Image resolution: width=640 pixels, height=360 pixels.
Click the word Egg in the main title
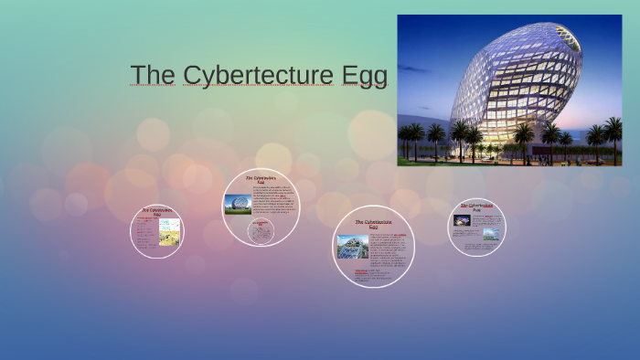click(365, 77)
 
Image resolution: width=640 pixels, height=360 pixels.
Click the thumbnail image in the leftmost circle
click(169, 232)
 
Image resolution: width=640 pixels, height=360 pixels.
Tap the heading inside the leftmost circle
click(156, 212)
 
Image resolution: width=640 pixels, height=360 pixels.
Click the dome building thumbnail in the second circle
click(238, 204)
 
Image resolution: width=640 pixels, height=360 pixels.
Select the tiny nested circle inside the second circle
click(261, 231)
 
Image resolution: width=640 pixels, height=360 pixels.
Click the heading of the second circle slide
click(261, 179)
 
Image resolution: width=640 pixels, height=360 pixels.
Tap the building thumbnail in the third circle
click(353, 246)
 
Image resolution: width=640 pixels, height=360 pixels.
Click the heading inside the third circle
click(373, 223)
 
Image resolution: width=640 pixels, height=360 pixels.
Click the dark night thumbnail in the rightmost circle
click(463, 220)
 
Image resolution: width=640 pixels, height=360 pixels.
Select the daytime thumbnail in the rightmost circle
click(491, 233)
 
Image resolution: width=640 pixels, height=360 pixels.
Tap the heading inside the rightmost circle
click(476, 207)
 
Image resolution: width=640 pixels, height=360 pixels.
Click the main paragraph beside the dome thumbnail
click(273, 202)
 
